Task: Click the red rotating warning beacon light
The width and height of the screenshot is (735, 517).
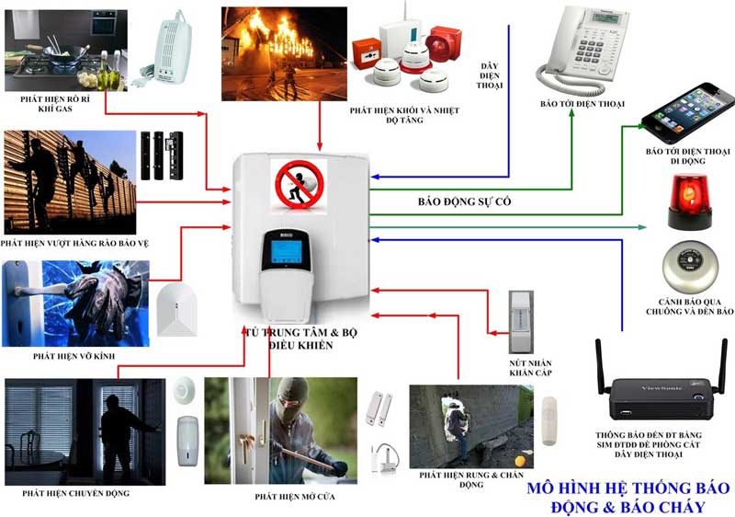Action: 689,201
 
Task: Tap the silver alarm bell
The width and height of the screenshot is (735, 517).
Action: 691,268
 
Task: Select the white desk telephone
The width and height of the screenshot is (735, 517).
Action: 583,50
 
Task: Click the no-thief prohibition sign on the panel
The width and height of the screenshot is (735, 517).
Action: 299,185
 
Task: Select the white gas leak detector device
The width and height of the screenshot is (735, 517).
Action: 170,51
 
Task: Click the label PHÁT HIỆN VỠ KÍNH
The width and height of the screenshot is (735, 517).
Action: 74,356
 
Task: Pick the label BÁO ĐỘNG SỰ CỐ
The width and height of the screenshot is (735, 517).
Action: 464,201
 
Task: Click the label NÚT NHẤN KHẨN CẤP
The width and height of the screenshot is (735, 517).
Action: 530,368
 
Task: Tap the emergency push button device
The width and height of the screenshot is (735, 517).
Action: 521,322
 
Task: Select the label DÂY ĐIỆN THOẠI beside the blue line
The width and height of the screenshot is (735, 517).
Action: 490,75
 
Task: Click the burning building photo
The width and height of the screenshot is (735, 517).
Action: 285,54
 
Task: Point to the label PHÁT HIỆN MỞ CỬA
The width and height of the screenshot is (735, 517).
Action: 295,497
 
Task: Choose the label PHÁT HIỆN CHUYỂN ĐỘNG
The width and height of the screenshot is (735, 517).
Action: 76,493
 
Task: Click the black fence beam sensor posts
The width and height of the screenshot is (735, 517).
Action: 162,155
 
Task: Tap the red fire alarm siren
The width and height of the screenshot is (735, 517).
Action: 444,43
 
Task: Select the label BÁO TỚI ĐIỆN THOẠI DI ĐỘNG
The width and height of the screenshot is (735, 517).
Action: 687,156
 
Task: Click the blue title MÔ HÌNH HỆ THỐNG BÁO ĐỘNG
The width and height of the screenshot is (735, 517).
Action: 628,498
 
